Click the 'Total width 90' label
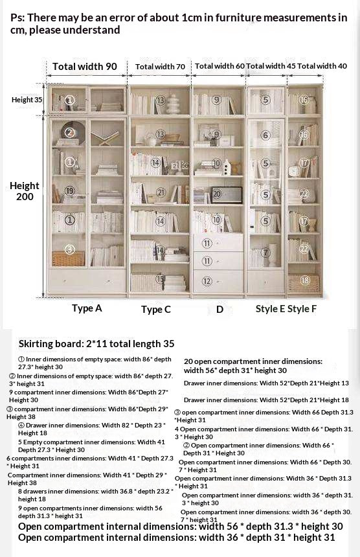pos(85,66)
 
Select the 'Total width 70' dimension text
pos(160,67)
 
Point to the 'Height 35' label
pos(27,100)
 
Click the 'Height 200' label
pos(25,191)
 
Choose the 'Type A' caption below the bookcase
pos(87,308)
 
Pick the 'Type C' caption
pos(156,310)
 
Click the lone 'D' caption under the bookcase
pos(219,310)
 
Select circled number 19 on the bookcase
pos(70,190)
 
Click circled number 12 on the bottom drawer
pos(207,281)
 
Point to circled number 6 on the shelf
pos(265,135)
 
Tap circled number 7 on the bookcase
pos(265,252)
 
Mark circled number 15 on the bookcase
pos(160,278)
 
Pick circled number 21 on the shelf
pos(161,192)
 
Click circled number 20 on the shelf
pos(217,193)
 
